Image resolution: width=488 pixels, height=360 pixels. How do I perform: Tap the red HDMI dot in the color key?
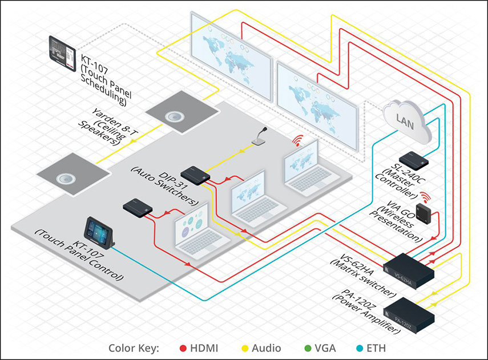(183, 348)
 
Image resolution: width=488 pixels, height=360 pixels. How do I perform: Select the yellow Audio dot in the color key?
(245, 348)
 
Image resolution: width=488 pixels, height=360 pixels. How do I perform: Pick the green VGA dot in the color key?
(308, 348)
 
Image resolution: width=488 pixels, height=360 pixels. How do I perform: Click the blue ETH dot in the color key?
(360, 348)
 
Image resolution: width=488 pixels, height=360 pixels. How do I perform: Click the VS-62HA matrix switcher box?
(409, 271)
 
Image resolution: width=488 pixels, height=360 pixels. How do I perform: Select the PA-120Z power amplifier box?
(409, 315)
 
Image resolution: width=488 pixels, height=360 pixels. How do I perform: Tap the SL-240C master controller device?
(414, 160)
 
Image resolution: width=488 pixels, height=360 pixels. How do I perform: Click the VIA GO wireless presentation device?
(424, 213)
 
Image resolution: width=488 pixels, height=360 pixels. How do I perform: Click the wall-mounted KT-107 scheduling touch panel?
(62, 53)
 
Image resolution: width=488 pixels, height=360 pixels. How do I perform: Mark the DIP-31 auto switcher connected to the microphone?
(195, 175)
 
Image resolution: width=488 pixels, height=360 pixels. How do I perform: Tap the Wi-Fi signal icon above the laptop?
(297, 140)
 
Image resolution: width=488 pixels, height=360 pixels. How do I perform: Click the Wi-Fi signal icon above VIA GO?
(424, 197)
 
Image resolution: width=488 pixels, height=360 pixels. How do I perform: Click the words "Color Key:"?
(134, 349)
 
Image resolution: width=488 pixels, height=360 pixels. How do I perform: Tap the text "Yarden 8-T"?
(115, 122)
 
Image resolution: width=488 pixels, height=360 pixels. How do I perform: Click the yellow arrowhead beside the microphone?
(240, 152)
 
